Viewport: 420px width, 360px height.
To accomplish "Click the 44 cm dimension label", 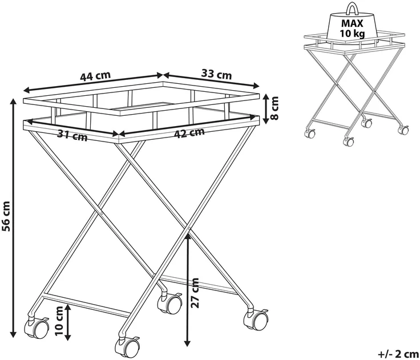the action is (x=95, y=76).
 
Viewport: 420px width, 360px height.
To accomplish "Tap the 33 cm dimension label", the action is (x=216, y=74).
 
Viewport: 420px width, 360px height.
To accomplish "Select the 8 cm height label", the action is (x=274, y=108).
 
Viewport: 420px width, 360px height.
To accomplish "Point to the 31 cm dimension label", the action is (x=72, y=135).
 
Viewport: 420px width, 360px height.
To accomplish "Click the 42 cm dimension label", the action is (x=189, y=133).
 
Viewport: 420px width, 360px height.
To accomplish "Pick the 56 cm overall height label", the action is (x=6, y=216).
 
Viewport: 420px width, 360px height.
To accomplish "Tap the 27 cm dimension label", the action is (x=196, y=293).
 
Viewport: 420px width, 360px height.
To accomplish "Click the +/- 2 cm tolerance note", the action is (x=399, y=354).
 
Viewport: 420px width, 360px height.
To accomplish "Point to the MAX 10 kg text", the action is (x=352, y=29).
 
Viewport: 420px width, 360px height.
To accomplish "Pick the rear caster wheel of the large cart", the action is (x=170, y=303).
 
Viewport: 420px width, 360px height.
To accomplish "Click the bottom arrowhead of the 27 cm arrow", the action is (x=188, y=343).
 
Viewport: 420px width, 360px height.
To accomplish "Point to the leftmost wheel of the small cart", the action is (x=310, y=133).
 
